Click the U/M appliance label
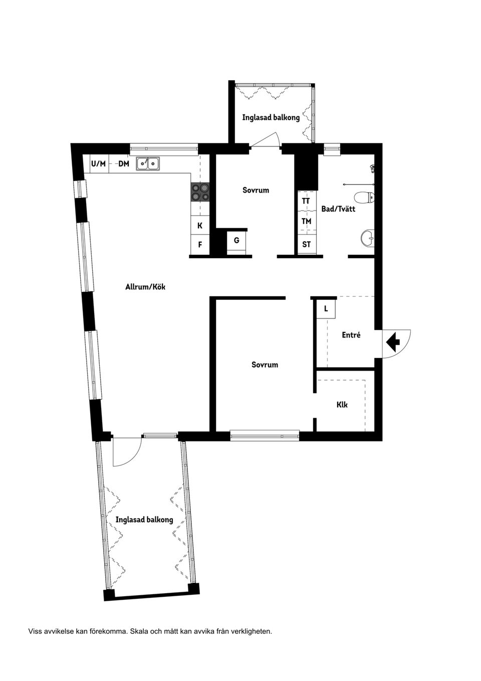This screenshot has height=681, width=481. [x=99, y=163]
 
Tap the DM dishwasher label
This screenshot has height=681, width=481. [x=124, y=163]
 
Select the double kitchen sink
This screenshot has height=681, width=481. [x=148, y=163]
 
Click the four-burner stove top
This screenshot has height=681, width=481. [x=199, y=191]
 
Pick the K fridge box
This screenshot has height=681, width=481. [x=200, y=226]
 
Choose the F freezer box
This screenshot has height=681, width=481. [x=200, y=245]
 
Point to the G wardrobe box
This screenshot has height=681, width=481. [x=236, y=241]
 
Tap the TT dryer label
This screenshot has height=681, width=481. [x=306, y=201]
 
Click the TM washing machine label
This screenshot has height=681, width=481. [x=306, y=221]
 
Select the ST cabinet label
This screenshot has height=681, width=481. [x=306, y=245]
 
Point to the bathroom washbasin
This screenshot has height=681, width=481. [x=367, y=238]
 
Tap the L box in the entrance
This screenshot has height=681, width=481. [x=326, y=309]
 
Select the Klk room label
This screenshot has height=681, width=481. [x=342, y=405]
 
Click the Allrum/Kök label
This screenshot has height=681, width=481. [x=145, y=287]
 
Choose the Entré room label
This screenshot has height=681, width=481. [x=351, y=335]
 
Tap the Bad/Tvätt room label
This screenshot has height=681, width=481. [x=338, y=209]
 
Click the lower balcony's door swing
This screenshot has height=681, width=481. [x=125, y=451]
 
